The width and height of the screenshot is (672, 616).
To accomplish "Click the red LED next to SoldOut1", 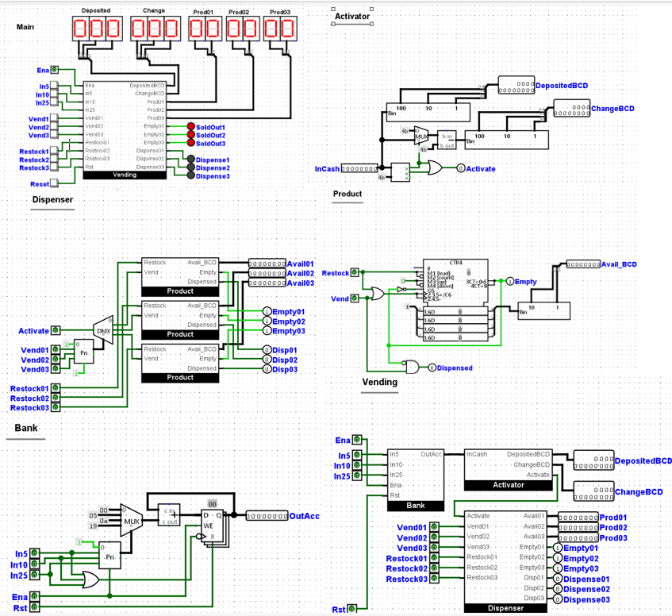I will coord(190,126).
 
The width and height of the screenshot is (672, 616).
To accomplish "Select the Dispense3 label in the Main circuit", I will coord(213,176).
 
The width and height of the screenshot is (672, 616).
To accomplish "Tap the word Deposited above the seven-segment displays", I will coord(96,11).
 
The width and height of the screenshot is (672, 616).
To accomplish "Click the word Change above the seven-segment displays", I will coord(153,11).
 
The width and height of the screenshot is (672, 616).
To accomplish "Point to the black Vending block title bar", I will coord(125,175).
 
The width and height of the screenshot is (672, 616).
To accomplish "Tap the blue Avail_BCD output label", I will coord(619,264).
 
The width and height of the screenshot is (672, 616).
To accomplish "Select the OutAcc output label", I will coord(304,516).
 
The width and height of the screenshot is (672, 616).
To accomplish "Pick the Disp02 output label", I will coord(285,360).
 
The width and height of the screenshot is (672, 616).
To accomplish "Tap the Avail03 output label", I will coord(301,283).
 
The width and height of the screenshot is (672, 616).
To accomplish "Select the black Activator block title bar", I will coord(509,484).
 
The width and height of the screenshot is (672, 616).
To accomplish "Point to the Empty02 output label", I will coord(289,321).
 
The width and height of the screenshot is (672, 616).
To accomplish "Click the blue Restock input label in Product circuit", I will coord(336,273).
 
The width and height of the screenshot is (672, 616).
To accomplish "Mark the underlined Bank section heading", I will coord(25,429).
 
